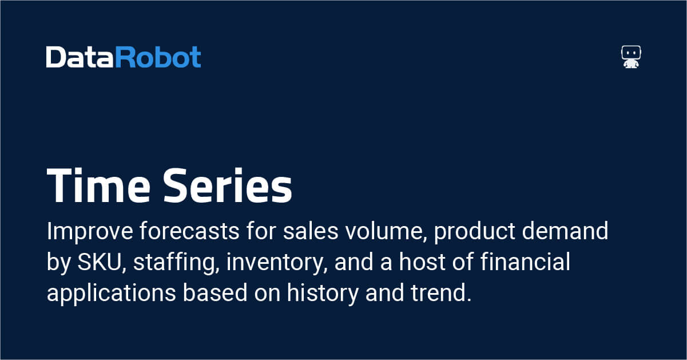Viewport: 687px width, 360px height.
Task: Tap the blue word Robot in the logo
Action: (158, 57)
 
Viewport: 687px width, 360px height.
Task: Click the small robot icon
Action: (631, 57)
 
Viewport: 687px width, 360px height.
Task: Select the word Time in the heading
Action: (98, 185)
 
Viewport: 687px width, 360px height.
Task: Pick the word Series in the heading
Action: (227, 185)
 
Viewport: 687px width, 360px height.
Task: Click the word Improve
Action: (90, 231)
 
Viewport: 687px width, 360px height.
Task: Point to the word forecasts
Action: (189, 231)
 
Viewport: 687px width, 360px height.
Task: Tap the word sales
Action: (311, 231)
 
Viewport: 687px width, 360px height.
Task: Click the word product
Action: (474, 231)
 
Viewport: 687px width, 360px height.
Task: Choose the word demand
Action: (565, 231)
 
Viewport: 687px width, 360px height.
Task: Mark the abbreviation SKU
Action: (100, 262)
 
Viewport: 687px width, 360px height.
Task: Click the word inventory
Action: (277, 263)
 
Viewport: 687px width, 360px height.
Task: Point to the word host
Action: (422, 262)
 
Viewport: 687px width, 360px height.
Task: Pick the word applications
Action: (112, 294)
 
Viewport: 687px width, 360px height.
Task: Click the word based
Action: (215, 292)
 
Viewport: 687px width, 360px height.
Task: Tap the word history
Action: (323, 294)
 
